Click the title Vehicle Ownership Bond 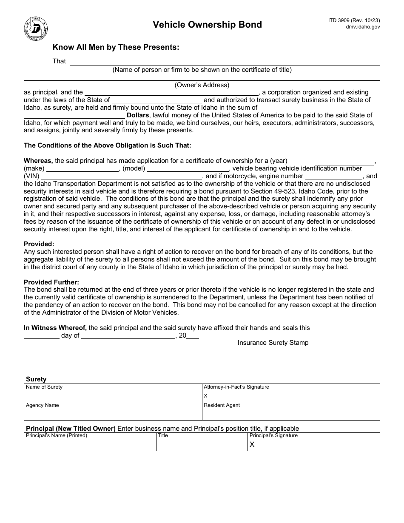(208, 25)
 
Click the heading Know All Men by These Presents (116, 47)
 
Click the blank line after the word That (225, 62)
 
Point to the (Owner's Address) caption (202, 85)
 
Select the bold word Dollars (138, 115)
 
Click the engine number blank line (334, 176)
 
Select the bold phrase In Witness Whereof (55, 328)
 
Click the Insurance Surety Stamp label (273, 343)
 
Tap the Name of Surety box (113, 393)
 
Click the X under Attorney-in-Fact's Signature (206, 395)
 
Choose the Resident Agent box (291, 411)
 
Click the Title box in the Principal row (202, 442)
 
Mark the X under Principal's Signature (252, 444)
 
